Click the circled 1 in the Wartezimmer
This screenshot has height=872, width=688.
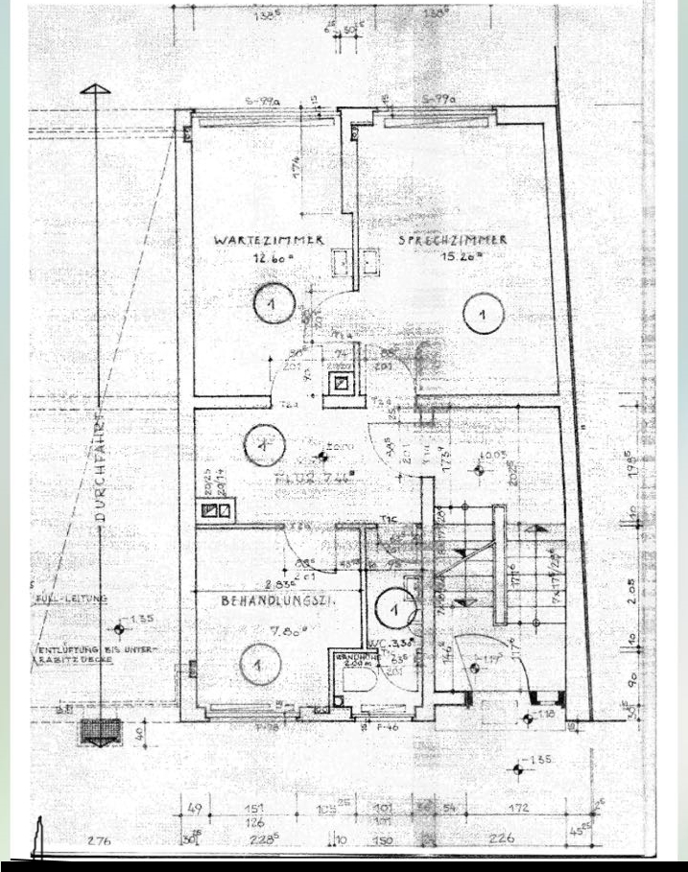273,305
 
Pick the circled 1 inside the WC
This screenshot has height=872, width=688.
393,605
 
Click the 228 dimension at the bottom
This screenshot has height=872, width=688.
261,839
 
